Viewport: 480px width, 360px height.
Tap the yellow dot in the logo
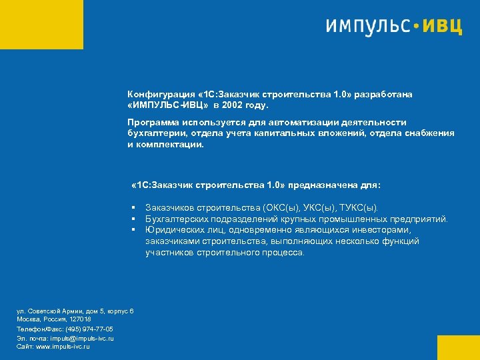tap(417, 27)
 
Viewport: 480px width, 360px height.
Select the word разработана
tap(384, 95)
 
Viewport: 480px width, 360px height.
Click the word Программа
tap(153, 123)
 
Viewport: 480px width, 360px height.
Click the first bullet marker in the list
tap(134, 208)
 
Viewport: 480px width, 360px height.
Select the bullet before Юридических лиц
tap(134, 230)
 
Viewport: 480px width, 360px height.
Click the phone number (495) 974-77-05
tap(89, 329)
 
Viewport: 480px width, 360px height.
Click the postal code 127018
tap(79, 320)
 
